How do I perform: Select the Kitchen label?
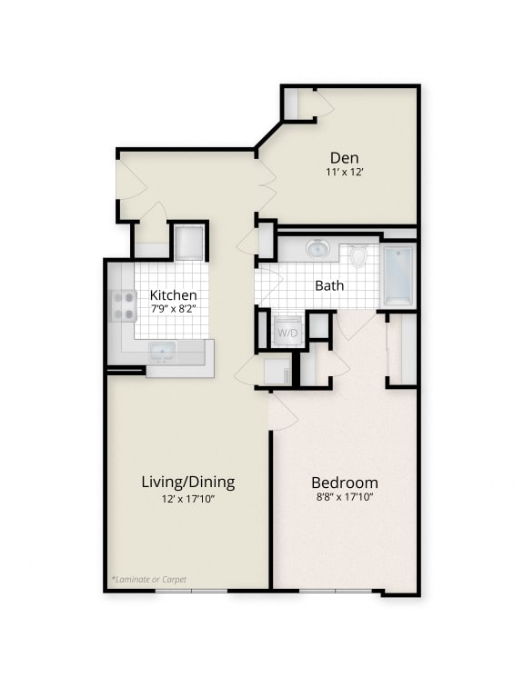tap(173, 294)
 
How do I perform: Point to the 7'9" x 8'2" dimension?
tap(173, 309)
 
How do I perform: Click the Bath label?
tap(329, 285)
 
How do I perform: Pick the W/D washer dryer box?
tap(288, 332)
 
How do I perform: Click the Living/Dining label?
tap(188, 481)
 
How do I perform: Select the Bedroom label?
tap(345, 482)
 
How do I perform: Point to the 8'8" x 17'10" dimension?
tap(345, 497)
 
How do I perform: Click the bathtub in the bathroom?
tap(398, 274)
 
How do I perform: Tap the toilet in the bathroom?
tap(358, 256)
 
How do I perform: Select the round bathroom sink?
tap(317, 248)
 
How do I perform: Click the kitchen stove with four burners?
tap(123, 306)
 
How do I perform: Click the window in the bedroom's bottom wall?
tap(336, 592)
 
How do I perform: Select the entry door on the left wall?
tap(130, 181)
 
